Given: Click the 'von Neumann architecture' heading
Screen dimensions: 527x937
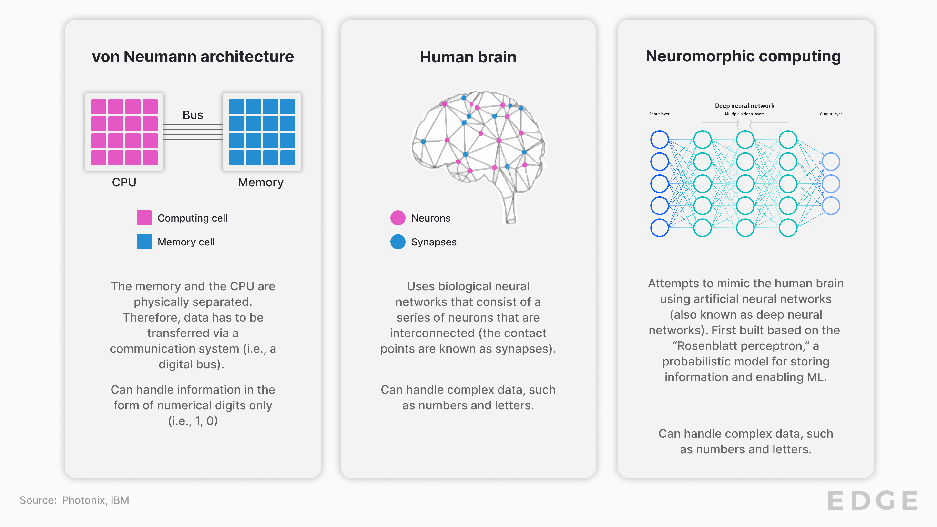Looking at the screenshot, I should pos(193,57).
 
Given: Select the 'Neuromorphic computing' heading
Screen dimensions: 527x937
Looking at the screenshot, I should pos(743,56).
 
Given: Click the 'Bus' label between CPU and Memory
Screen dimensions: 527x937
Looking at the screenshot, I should pos(193,115).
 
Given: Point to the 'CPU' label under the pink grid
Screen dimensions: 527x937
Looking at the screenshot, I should pos(124,182).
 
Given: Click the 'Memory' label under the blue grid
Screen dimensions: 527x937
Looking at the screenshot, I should pos(260,182).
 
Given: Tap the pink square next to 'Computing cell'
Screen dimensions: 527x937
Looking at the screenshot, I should pos(144,218).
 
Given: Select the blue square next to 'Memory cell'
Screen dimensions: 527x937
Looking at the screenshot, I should pos(144,242).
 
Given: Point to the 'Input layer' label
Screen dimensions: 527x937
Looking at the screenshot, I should pos(660,114).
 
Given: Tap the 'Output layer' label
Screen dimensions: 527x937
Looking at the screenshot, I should pos(831,114).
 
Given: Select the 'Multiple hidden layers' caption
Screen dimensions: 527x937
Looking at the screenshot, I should pos(744,114).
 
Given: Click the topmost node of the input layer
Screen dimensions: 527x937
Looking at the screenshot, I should pos(660,140).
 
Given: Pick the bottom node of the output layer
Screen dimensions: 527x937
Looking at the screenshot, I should pos(831,206).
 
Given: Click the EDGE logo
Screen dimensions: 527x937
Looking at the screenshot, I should pos(873,501).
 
